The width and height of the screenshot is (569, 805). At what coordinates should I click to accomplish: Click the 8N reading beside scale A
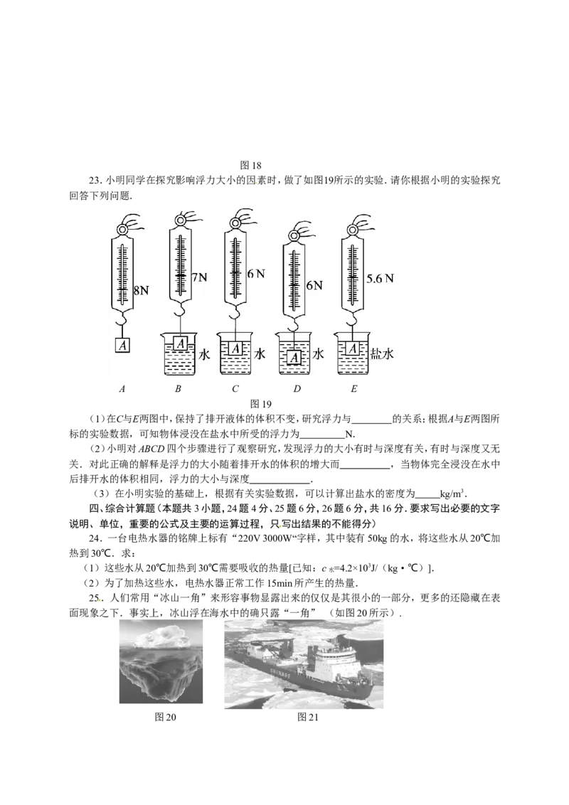click(x=142, y=291)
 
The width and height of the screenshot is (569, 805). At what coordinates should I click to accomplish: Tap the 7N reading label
click(x=199, y=278)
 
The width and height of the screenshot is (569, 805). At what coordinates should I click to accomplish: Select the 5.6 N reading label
click(x=380, y=279)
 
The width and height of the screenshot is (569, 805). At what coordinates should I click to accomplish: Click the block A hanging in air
click(x=122, y=346)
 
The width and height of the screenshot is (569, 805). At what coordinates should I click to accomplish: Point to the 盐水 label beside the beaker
click(x=382, y=353)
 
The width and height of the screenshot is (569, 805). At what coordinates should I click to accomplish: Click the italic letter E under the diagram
click(x=353, y=389)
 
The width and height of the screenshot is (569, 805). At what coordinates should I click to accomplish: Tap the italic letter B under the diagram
click(x=178, y=389)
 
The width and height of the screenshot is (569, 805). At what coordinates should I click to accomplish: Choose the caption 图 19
click(x=261, y=404)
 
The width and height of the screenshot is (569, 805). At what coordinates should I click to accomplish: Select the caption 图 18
click(x=251, y=165)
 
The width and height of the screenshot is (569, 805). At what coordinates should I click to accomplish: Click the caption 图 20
click(x=165, y=718)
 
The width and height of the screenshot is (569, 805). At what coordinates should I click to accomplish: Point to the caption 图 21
click(x=308, y=718)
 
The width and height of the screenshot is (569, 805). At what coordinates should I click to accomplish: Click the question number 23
click(x=95, y=180)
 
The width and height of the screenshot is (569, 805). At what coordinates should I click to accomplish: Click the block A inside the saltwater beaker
click(x=353, y=348)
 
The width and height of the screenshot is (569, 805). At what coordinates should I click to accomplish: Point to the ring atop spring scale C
click(x=235, y=223)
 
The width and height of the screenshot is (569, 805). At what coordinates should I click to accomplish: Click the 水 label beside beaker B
click(x=204, y=354)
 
